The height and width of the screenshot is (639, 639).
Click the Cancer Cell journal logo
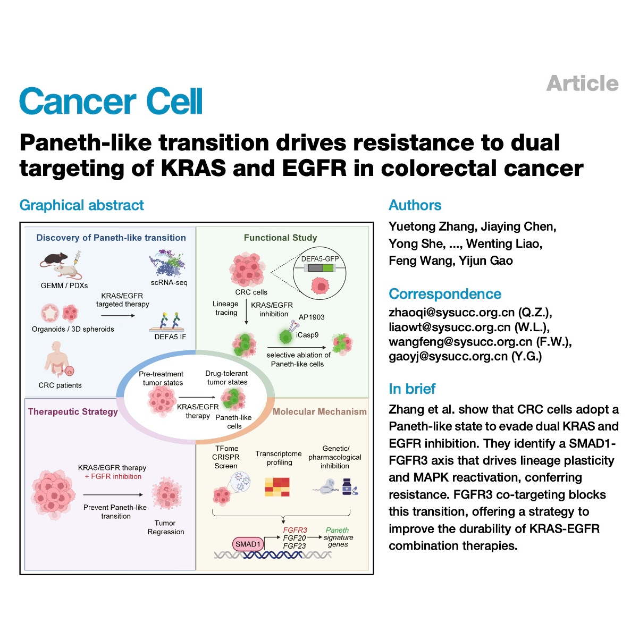111,102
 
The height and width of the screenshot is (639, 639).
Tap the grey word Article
582,83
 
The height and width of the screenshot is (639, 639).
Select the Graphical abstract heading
81,205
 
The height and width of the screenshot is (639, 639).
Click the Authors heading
415,205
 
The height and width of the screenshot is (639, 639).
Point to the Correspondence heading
444,294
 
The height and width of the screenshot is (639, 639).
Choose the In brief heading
412,389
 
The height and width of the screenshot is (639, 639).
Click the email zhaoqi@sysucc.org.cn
451,312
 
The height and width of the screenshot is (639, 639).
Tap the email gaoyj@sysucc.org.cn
448,356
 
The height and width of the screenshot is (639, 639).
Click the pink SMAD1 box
248,544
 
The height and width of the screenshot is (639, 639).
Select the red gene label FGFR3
295,530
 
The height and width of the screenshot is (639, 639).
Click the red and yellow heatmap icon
277,486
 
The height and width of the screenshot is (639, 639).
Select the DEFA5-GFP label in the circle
320,259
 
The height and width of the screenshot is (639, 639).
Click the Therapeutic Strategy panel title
73,411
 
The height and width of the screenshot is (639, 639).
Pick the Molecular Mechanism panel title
319,411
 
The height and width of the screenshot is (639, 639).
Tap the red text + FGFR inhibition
113,476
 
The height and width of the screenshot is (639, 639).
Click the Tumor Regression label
166,527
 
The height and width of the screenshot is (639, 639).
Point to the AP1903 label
312,317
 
